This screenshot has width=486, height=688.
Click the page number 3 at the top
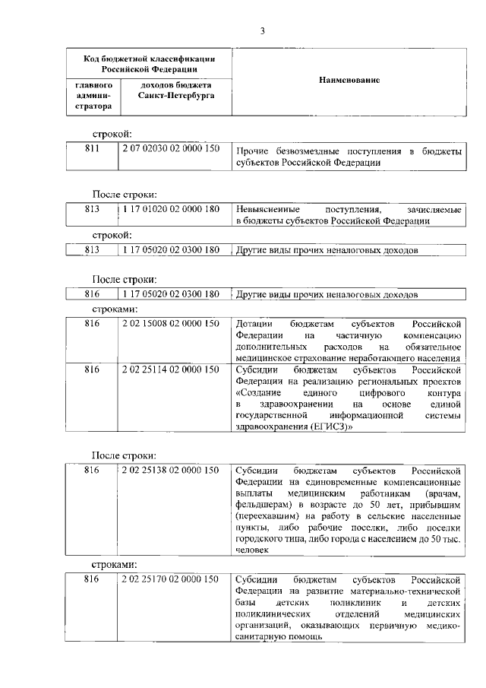262,31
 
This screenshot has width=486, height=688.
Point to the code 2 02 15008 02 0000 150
171,322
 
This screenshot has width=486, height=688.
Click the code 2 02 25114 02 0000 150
171,369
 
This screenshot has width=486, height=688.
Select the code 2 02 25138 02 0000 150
171,470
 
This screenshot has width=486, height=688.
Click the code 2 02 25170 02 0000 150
171,579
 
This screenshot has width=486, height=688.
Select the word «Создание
259,394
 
